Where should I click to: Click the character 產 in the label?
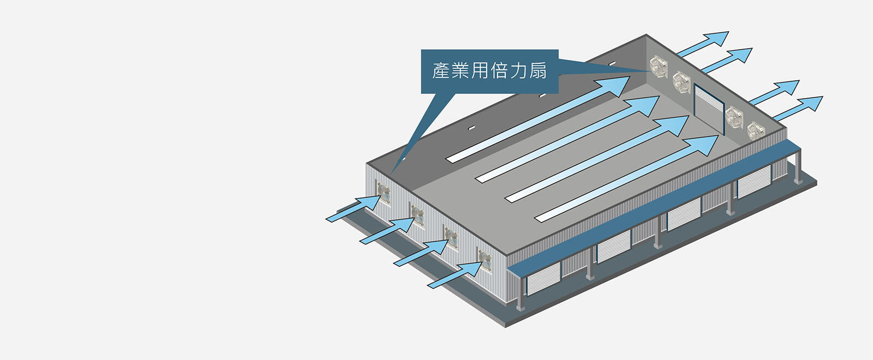tap(441, 71)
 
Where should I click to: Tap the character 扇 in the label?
tap(537, 71)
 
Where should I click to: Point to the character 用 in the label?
tap(480, 71)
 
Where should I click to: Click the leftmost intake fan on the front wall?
tap(384, 193)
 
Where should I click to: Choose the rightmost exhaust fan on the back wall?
tap(756, 131)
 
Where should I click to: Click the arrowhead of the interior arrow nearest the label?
tap(614, 86)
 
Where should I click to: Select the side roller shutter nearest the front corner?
tap(543, 277)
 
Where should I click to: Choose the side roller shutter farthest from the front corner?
tap(754, 182)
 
